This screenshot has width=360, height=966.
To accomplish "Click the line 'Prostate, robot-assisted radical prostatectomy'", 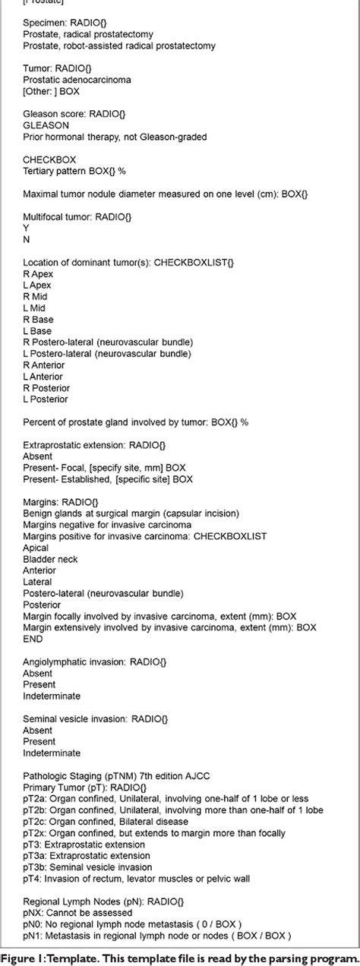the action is pyautogui.click(x=109, y=46).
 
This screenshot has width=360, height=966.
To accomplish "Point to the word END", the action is pyautogui.click(x=33, y=639).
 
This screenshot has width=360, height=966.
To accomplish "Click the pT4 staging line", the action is pyautogui.click(x=132, y=879).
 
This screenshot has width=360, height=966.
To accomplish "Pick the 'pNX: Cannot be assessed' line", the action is pyautogui.click(x=74, y=913).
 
